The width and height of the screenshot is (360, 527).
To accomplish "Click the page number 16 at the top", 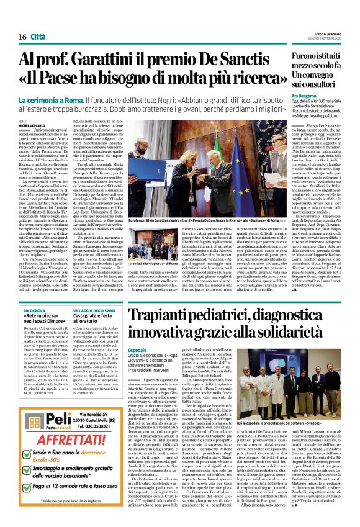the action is pyautogui.click(x=22, y=37).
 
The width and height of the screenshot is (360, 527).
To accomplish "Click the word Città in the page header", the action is pyautogui.click(x=38, y=37).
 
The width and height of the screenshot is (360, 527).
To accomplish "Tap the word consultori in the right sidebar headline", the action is pyautogui.click(x=317, y=83).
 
